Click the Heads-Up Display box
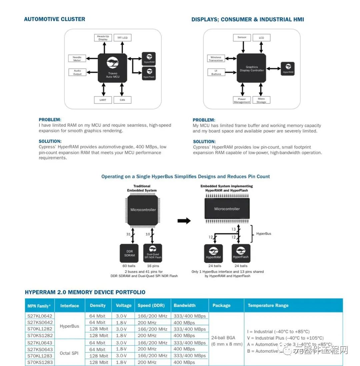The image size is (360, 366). point(103,38)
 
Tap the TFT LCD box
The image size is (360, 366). point(122,38)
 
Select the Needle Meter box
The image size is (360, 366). point(77,58)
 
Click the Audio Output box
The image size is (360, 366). point(77,72)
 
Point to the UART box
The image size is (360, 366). point(103,100)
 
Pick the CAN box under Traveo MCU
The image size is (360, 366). point(122,100)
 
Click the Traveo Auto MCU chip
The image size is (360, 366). point(112,68)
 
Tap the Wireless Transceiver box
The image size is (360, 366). point(216,58)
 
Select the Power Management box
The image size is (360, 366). point(242,100)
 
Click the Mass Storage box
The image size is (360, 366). point(261,100)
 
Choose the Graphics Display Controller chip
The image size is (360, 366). point(252,68)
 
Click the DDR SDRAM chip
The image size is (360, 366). point(130,253)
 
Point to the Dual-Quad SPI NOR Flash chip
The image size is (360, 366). point(153,253)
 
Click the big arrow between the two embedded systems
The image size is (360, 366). point(184,221)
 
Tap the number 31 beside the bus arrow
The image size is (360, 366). point(128,234)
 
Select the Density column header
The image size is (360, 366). point(98,305)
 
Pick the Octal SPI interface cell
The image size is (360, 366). point(69,353)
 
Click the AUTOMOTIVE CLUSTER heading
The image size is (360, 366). point(54,19)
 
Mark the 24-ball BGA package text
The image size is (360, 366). point(223,338)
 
